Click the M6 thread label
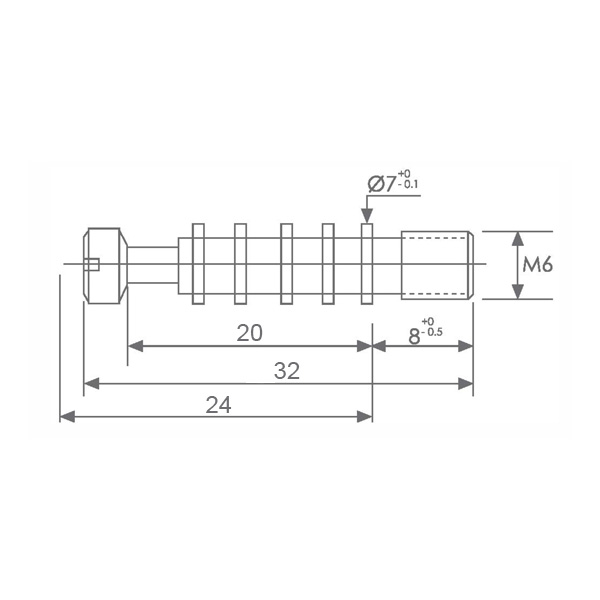[538, 264]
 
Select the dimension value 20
[249, 333]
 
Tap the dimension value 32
[287, 371]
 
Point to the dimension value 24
[218, 405]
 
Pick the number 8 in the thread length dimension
[414, 337]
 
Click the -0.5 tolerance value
[432, 331]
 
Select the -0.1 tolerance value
[408, 184]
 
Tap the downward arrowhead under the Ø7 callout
[367, 215]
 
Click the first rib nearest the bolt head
[198, 264]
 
